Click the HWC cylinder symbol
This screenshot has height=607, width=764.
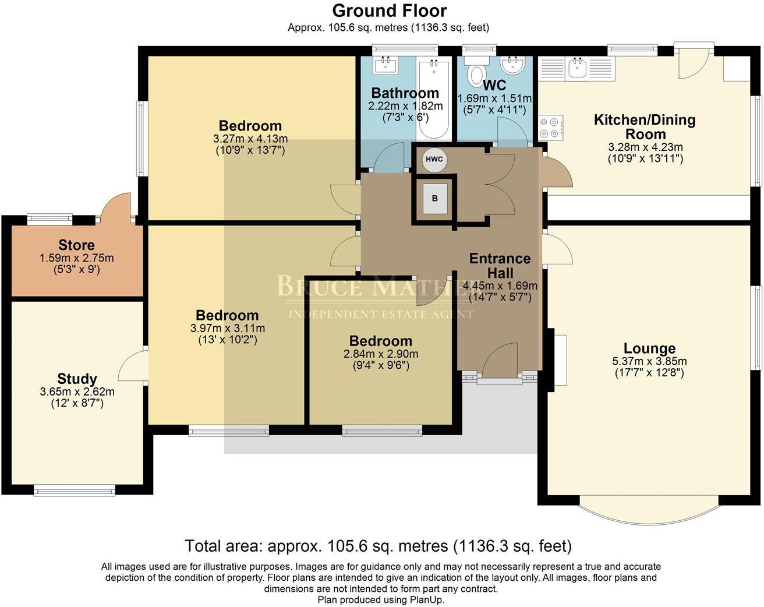click(434, 159)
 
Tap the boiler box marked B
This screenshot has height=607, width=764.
click(435, 199)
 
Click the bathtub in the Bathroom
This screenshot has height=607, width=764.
click(434, 100)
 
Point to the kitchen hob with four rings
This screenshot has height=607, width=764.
click(551, 127)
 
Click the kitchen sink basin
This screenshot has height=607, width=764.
click(576, 69)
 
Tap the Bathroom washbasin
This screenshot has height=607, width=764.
click(385, 65)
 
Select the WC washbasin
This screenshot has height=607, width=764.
click(512, 65)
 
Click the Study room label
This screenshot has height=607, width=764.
click(77, 379)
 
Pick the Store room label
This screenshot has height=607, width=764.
click(76, 245)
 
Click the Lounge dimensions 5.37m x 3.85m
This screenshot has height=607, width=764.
click(649, 361)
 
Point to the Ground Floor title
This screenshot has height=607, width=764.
click(390, 10)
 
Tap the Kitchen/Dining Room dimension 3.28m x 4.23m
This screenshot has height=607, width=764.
click(645, 147)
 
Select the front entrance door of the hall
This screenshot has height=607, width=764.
click(500, 361)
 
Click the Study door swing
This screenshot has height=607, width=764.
click(132, 366)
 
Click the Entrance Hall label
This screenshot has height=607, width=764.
click(500, 266)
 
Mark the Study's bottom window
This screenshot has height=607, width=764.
click(75, 491)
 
